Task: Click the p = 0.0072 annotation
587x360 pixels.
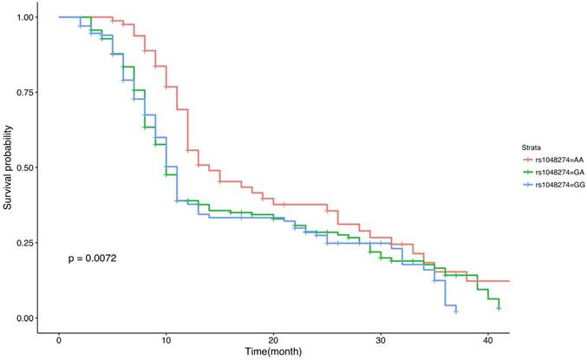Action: click(x=93, y=259)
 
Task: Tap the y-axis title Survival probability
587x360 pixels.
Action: click(x=8, y=167)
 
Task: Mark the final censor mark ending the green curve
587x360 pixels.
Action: click(x=499, y=308)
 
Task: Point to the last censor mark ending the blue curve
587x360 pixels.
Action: click(x=456, y=311)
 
